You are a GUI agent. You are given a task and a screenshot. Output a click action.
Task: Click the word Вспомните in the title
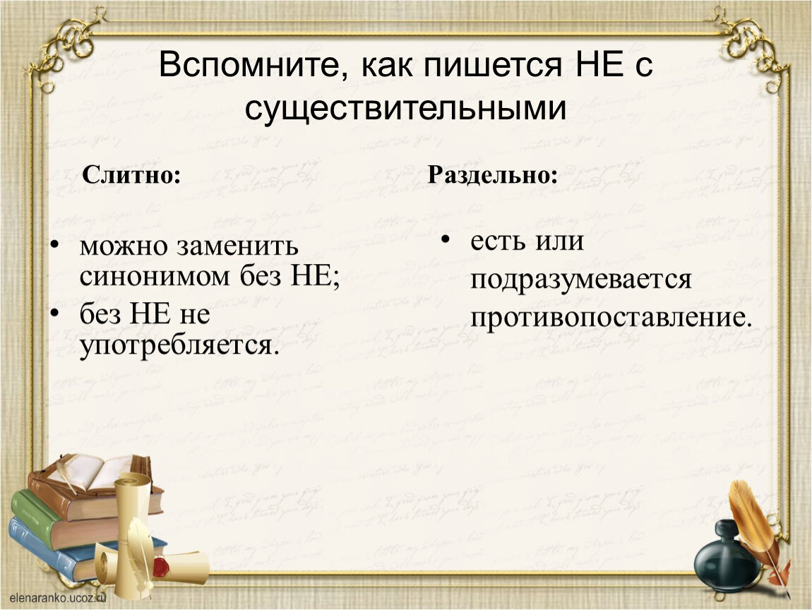(x=249, y=66)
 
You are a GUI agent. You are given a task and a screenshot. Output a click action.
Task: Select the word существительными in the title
(x=405, y=109)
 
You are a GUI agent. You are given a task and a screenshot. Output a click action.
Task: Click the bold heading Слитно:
(x=131, y=174)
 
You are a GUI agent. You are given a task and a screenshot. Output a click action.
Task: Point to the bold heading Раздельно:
(x=492, y=174)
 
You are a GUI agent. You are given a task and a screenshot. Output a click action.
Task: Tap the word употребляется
(x=176, y=345)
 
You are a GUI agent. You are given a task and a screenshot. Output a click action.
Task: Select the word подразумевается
(x=580, y=280)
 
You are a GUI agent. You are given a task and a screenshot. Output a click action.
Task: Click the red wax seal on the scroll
(x=160, y=566)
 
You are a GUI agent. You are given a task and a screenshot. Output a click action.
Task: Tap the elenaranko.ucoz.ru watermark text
(x=57, y=598)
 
